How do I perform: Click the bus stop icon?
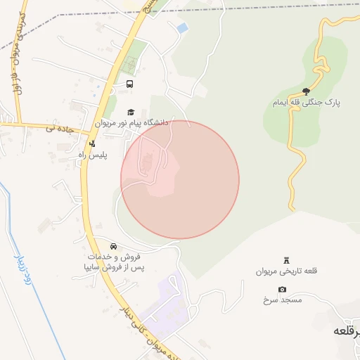pyautogui.click(x=129, y=84)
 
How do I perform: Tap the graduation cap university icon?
pyautogui.click(x=131, y=112)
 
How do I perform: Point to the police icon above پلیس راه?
pyautogui.click(x=92, y=143)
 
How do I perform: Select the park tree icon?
pyautogui.click(x=306, y=91)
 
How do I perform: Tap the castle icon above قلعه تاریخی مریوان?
pyautogui.click(x=285, y=260)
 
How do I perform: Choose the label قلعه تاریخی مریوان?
pyautogui.click(x=286, y=271)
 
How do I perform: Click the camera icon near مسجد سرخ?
pyautogui.click(x=282, y=290)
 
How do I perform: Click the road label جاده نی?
pyautogui.click(x=60, y=128)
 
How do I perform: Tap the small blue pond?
pyautogui.click(x=183, y=27)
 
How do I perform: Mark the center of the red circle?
pyautogui.click(x=180, y=179)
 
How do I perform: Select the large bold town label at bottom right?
pyautogui.click(x=347, y=329)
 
